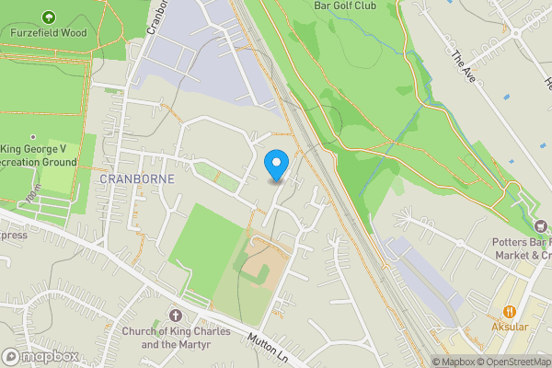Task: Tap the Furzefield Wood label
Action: tap(48, 31)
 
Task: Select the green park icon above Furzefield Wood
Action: tap(48, 16)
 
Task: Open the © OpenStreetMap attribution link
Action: tap(508, 362)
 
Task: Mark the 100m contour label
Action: tap(34, 198)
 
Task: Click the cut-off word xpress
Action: tap(12, 235)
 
